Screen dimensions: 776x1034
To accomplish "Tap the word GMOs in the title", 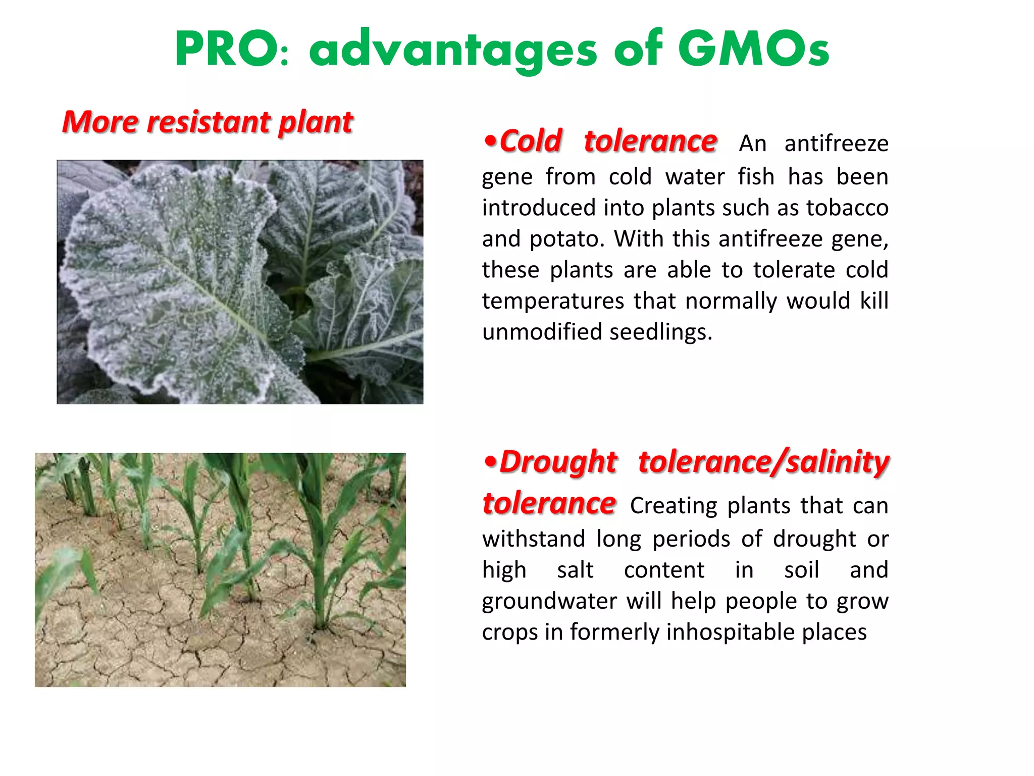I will (x=753, y=50).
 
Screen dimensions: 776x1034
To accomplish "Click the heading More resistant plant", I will (x=207, y=122).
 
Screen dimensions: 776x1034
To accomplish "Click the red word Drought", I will (x=558, y=462).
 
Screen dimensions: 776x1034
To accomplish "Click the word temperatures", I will (x=553, y=302).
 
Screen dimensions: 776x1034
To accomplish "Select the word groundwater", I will (x=549, y=601).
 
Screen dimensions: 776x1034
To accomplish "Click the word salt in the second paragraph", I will (x=575, y=570).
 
